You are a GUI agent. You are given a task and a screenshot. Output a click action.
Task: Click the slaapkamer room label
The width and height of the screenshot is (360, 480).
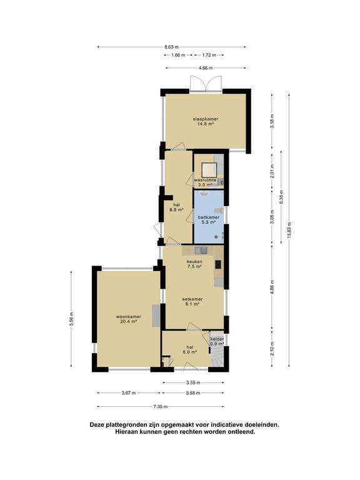(206, 121)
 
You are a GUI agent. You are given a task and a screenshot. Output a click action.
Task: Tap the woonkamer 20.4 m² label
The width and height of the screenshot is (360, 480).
(129, 319)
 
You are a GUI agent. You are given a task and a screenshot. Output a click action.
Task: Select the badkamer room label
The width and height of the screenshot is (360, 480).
(209, 219)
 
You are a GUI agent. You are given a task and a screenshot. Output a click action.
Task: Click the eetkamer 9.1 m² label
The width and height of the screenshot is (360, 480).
(192, 301)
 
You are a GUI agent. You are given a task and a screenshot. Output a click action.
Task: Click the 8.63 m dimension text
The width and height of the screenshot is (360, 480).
(171, 47)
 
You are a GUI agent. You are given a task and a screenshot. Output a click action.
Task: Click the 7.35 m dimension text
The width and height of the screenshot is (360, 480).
(161, 406)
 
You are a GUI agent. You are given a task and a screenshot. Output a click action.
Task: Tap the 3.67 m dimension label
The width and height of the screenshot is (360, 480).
(129, 392)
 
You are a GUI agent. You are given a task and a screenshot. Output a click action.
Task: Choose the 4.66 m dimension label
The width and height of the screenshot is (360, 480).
(206, 68)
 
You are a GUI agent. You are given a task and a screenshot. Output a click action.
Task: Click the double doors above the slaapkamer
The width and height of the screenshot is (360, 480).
(206, 84)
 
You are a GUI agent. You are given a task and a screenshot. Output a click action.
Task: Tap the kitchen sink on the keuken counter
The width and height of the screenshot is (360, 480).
(201, 251)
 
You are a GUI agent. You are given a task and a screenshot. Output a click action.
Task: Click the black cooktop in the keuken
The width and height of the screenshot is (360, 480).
(218, 264)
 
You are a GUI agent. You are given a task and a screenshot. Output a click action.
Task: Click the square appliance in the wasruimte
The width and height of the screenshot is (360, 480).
(209, 169)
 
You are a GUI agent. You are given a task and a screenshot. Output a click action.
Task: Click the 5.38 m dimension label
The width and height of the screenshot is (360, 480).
(281, 197)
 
